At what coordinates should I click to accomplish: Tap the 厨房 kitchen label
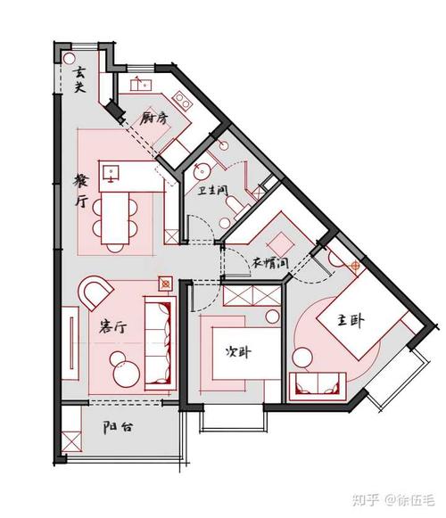(155, 117)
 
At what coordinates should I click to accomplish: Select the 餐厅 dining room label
(81, 189)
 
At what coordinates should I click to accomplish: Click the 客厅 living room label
(111, 327)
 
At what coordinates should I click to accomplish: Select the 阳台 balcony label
(118, 427)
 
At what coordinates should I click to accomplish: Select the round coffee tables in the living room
(122, 366)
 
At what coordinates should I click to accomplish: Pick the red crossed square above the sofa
(164, 284)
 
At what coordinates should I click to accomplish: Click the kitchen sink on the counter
(140, 86)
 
